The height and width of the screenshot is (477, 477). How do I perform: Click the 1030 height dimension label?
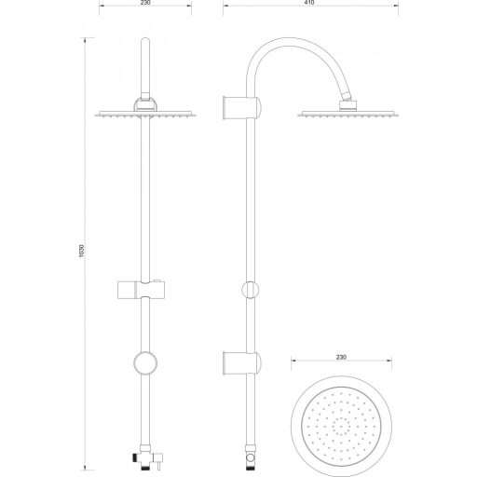(82, 251)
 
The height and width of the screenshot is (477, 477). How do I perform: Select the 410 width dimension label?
(309, 3)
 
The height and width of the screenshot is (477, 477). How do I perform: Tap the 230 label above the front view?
(145, 3)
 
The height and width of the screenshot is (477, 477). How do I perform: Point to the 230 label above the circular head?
(341, 357)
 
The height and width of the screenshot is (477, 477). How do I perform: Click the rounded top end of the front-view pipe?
(145, 40)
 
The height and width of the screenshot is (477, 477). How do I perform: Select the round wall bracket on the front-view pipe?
(145, 363)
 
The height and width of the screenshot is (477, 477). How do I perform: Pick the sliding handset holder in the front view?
(141, 290)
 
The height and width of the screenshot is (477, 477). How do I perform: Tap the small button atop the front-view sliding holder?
(157, 281)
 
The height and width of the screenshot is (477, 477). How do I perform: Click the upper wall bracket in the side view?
(242, 107)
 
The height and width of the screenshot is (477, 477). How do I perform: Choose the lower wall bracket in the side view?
(242, 363)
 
